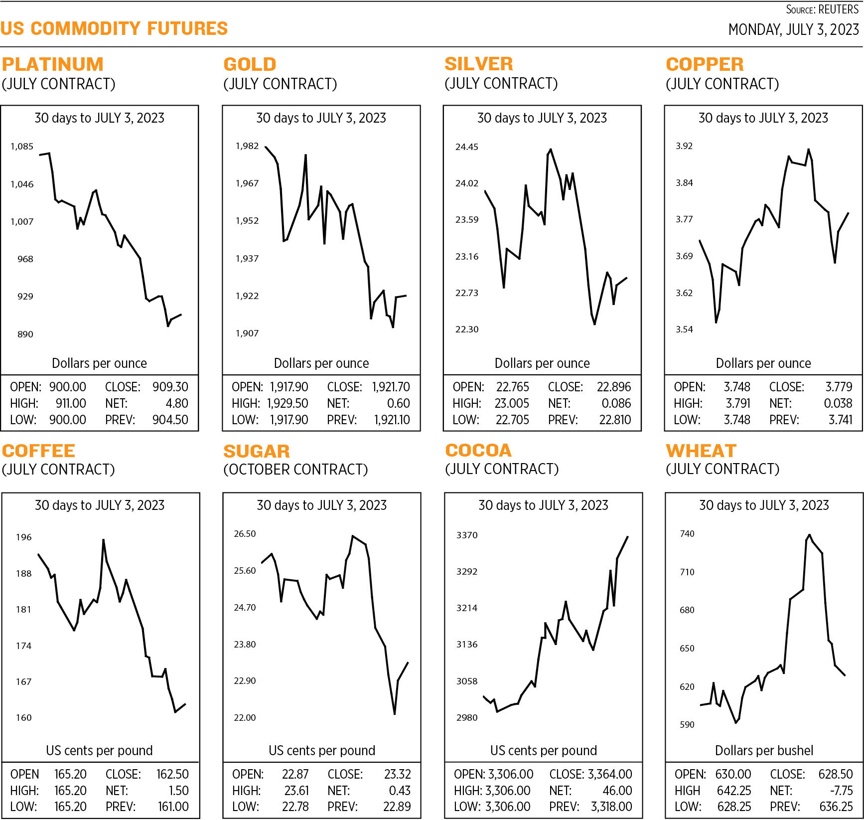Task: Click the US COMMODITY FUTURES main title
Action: [114, 29]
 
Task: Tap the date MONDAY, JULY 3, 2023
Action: [793, 30]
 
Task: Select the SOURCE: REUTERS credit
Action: [822, 9]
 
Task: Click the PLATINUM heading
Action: [53, 64]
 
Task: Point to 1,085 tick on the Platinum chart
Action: [22, 147]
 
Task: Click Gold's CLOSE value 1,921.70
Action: [391, 387]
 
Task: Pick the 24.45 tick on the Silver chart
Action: [466, 147]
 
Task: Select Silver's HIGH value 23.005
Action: [512, 403]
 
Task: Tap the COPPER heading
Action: [705, 64]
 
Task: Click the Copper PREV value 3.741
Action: [840, 420]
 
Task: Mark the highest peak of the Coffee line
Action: [103, 540]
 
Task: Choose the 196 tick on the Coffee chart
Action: [23, 537]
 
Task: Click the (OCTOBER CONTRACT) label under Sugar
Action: [295, 470]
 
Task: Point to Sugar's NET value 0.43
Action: [400, 791]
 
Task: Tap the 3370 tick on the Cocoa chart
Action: [466, 535]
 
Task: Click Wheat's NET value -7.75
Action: [841, 791]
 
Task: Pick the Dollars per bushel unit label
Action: [764, 751]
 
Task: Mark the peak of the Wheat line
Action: [809, 535]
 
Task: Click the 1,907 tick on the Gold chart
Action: [247, 333]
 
